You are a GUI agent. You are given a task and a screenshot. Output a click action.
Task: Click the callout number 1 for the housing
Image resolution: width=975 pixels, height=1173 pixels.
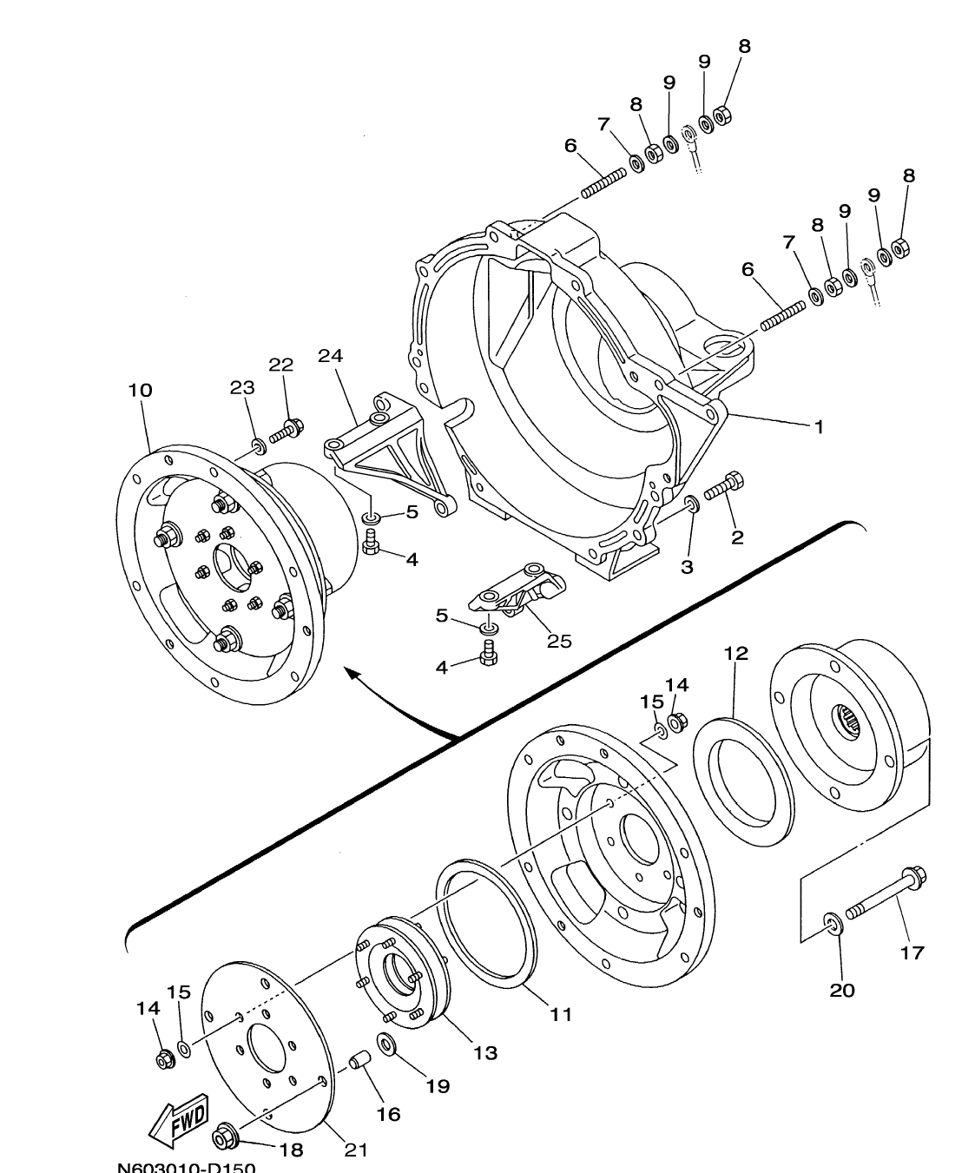point(818,427)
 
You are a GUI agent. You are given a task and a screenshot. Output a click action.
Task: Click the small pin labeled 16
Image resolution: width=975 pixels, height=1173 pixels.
point(359,1060)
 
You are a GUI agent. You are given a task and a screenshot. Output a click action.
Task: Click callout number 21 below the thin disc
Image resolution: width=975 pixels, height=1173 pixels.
point(356,1150)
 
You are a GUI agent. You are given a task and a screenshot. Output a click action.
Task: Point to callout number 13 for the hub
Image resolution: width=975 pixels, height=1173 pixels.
point(484,1052)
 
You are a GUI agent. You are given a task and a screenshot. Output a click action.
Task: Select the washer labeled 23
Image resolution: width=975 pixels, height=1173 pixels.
point(257,446)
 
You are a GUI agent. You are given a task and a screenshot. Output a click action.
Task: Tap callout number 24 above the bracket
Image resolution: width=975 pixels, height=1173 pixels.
point(330,356)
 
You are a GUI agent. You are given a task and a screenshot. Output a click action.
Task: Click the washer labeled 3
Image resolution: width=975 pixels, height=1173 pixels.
point(692,504)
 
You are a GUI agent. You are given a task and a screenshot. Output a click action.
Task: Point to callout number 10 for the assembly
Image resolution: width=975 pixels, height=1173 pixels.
point(140,391)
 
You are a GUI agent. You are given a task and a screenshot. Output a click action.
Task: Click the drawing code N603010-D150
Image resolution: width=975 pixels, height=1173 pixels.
point(187,1165)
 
